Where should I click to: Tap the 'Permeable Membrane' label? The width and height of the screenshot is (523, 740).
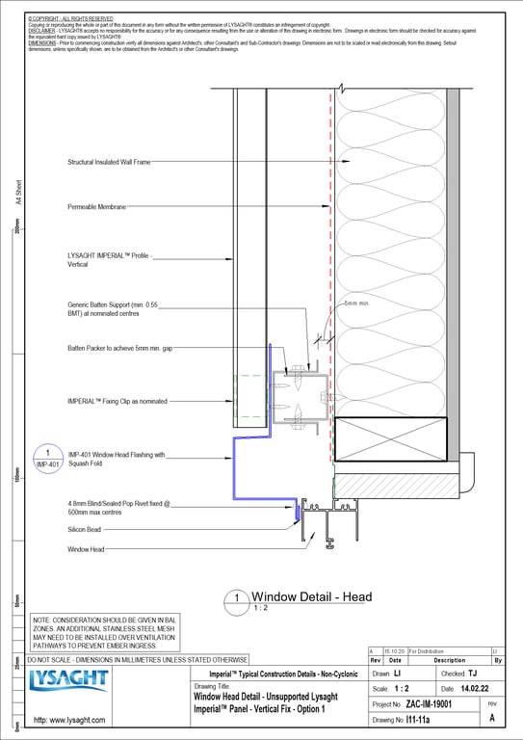pyautogui.click(x=98, y=207)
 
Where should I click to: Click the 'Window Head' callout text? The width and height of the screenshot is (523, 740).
pyautogui.click(x=86, y=549)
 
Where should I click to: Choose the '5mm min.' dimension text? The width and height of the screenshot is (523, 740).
pyautogui.click(x=356, y=303)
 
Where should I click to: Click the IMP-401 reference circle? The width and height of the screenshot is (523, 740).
pyautogui.click(x=47, y=458)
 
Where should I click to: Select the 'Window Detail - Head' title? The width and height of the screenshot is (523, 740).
pyautogui.click(x=311, y=597)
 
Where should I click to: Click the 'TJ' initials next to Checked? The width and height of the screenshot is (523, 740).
pyautogui.click(x=472, y=674)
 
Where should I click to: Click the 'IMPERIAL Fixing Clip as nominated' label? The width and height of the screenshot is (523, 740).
pyautogui.click(x=117, y=400)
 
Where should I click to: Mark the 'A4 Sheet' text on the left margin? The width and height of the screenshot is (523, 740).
pyautogui.click(x=18, y=196)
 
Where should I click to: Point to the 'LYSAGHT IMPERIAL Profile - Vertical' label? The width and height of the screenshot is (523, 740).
pyautogui.click(x=111, y=259)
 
